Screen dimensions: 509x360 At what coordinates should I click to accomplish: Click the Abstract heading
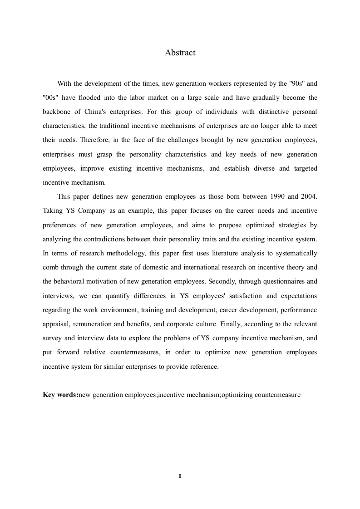click(x=180, y=53)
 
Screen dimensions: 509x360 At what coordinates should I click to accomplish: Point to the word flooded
click(x=86, y=98)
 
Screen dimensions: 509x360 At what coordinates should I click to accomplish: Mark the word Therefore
click(x=75, y=140)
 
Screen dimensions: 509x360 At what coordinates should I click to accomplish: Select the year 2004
click(x=308, y=196)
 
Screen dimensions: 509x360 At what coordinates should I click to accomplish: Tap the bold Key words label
click(x=60, y=395)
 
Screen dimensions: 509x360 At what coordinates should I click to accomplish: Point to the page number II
click(x=180, y=476)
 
